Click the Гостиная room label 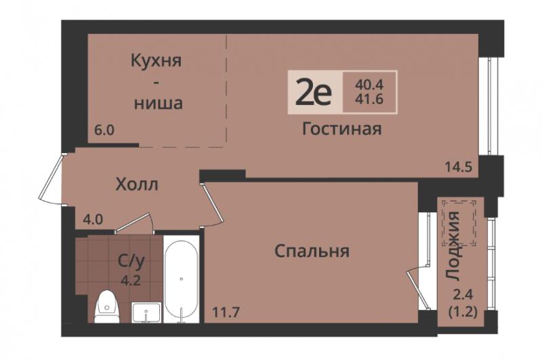[342, 129]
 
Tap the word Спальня [312, 251]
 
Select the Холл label [137, 184]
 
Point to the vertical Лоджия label [453, 245]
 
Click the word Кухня [156, 61]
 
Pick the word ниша [159, 104]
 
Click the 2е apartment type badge [314, 93]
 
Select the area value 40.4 [369, 84]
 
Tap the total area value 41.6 [369, 100]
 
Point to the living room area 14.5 [459, 167]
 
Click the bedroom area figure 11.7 [226, 313]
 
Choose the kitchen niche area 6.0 [104, 130]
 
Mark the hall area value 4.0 [93, 219]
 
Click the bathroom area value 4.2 [131, 280]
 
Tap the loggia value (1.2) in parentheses [463, 313]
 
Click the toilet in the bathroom [107, 306]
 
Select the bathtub [181, 279]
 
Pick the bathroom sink [146, 313]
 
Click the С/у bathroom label [131, 262]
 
